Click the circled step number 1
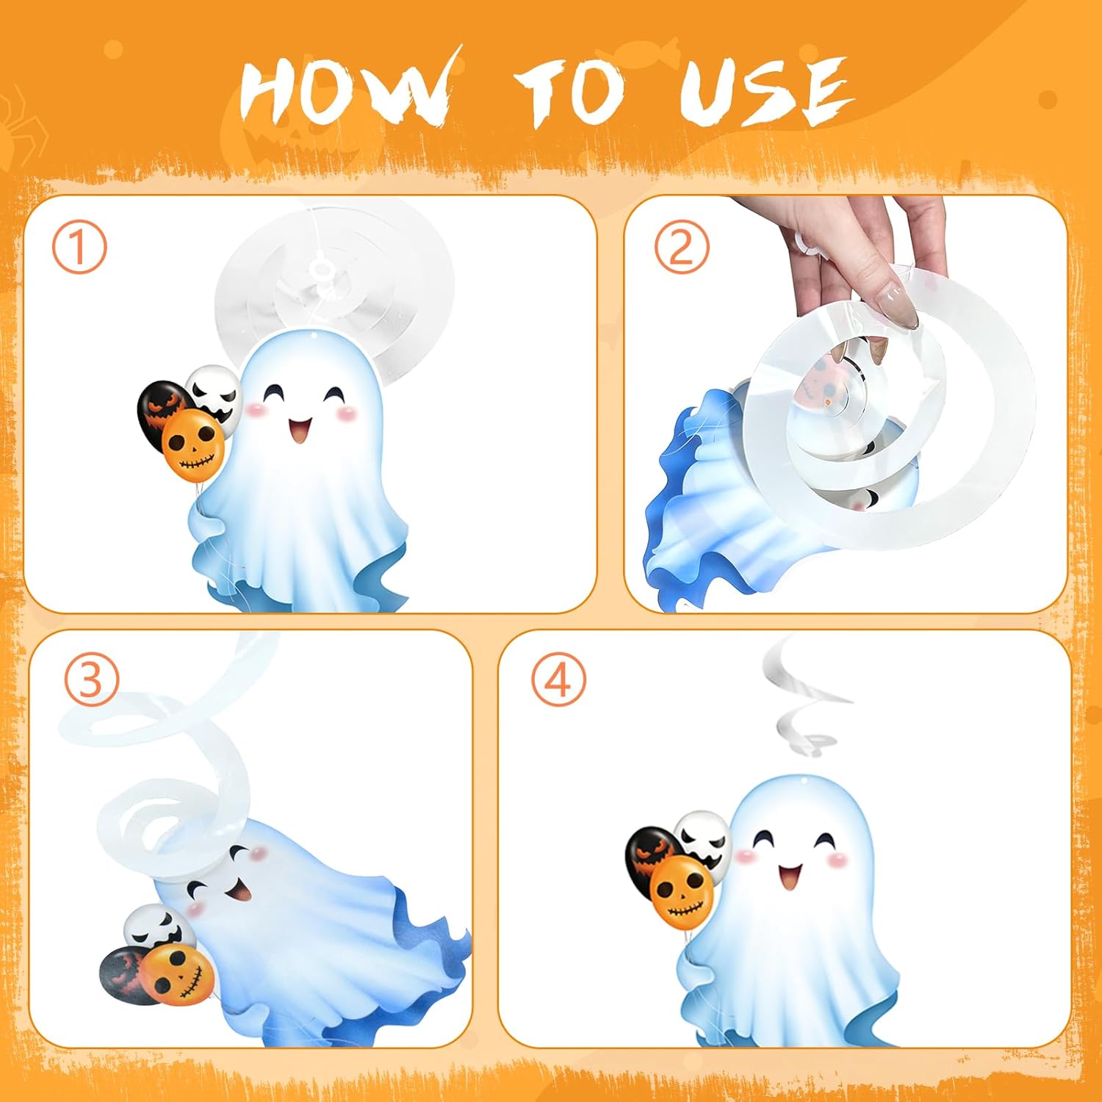79,248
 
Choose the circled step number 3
91,680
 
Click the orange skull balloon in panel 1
192,445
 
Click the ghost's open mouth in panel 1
300,431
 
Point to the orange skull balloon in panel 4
682,891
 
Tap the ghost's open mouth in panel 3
238,891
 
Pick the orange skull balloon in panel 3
179,974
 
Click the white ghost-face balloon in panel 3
156,929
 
